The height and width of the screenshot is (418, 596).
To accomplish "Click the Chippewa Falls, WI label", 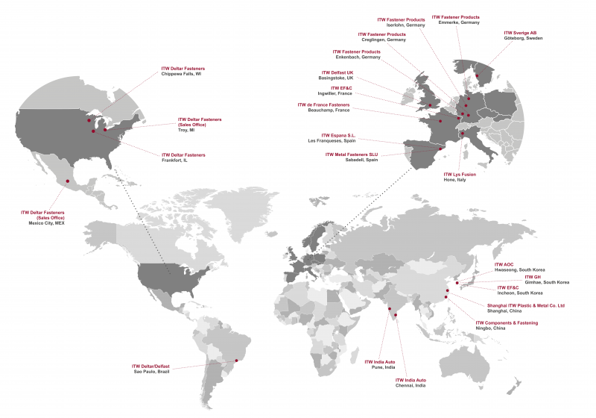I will pyautogui.click(x=181, y=75).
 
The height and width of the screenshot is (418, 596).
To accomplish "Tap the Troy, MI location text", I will pyautogui.click(x=186, y=130).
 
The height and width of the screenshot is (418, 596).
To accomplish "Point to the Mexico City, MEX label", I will pyautogui.click(x=47, y=222).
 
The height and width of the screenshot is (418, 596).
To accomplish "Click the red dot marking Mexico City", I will pyautogui.click(x=68, y=181).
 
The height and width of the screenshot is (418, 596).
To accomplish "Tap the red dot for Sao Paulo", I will pyautogui.click(x=237, y=361).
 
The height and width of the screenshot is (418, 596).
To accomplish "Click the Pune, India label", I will pyautogui.click(x=379, y=367).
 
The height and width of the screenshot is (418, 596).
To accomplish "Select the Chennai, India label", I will pyautogui.click(x=410, y=386).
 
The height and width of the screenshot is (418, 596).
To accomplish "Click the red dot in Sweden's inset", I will pyautogui.click(x=478, y=75).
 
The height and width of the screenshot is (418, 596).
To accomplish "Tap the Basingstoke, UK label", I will pyautogui.click(x=337, y=78).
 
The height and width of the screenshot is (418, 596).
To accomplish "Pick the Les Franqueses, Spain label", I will pyautogui.click(x=332, y=140).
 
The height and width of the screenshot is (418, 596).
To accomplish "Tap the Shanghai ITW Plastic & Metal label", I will pyautogui.click(x=526, y=305).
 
